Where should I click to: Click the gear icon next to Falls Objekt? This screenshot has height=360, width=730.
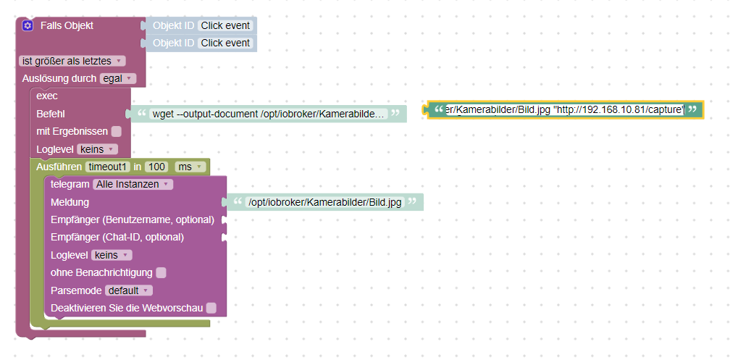click(x=28, y=26)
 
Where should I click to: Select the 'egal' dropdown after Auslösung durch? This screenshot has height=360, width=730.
click(x=117, y=78)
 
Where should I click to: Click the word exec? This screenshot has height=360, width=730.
click(x=47, y=96)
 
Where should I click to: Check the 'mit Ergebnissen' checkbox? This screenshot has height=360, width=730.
click(x=117, y=132)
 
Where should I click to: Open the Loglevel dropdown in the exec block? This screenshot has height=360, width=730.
click(x=97, y=149)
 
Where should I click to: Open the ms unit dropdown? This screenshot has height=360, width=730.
click(x=190, y=167)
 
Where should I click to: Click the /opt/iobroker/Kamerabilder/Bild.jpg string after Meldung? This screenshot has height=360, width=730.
click(x=324, y=202)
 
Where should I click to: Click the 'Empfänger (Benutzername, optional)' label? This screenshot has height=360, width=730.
click(x=132, y=219)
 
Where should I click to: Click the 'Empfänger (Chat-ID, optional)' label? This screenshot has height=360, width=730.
click(x=117, y=237)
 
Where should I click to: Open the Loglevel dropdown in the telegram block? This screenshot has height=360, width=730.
click(x=112, y=255)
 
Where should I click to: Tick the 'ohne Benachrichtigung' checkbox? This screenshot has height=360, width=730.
click(x=161, y=272)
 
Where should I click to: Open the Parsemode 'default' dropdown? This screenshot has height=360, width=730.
click(x=129, y=290)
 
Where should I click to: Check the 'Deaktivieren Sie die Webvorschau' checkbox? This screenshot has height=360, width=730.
click(x=211, y=308)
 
